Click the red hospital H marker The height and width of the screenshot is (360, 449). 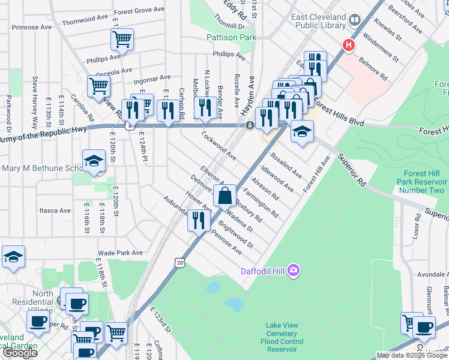click(348, 45)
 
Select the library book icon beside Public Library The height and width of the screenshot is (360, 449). click(355, 20)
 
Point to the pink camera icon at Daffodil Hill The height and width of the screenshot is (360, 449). click(294, 271)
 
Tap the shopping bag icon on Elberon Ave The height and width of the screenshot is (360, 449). click(224, 196)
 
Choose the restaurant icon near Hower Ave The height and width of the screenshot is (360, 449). click(199, 220)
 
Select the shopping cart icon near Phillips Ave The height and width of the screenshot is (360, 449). click(122, 40)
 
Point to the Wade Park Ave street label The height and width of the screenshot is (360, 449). click(121, 253)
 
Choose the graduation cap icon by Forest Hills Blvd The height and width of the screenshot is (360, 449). click(302, 131)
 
